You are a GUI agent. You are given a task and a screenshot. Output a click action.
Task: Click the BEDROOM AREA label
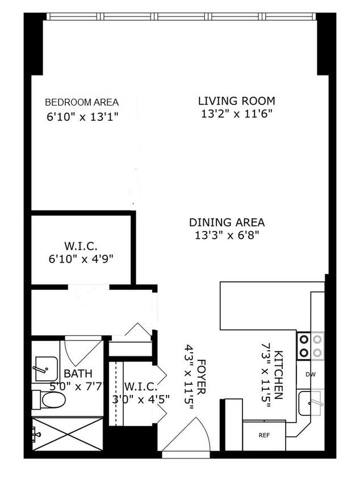(82, 102)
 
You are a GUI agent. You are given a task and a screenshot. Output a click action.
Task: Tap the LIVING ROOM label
(236, 101)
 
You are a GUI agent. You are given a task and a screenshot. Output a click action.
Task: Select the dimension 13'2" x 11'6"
(237, 113)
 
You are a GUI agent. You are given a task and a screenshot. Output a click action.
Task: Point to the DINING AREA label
(227, 223)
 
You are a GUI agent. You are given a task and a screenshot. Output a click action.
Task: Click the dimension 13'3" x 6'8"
(227, 235)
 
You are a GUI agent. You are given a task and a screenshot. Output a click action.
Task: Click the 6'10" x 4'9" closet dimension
(81, 259)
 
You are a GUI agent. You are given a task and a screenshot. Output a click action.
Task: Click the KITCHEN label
(279, 375)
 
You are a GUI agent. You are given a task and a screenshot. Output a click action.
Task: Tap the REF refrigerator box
(263, 436)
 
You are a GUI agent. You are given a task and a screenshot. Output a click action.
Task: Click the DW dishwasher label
(310, 374)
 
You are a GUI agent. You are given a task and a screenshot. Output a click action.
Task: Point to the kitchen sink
(310, 403)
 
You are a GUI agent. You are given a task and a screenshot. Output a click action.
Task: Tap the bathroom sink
(44, 369)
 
